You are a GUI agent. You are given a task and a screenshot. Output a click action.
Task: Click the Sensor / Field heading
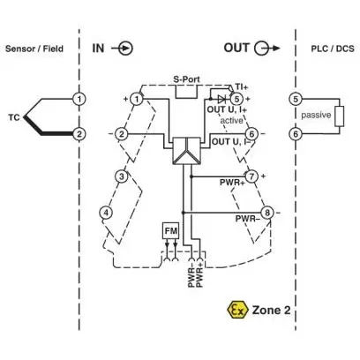(x=34, y=49)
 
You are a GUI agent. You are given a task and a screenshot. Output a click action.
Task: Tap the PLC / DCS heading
(x=333, y=49)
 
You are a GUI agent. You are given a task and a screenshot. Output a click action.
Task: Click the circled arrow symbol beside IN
(x=123, y=49)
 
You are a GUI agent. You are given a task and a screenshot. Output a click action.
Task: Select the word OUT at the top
(x=236, y=48)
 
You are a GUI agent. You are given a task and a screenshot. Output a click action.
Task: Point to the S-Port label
(x=186, y=79)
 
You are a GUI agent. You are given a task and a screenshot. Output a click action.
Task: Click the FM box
(x=171, y=230)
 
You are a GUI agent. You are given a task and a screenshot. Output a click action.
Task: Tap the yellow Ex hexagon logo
(x=236, y=310)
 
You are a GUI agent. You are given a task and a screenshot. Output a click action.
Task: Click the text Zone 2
(x=271, y=310)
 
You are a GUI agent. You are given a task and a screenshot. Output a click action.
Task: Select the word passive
(x=316, y=115)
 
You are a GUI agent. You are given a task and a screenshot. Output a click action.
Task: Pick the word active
(x=232, y=121)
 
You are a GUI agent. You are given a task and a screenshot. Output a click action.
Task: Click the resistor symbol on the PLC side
(x=340, y=116)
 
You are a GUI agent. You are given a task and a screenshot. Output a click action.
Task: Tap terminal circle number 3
(x=121, y=176)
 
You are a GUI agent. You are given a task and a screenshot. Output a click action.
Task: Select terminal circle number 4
(x=106, y=213)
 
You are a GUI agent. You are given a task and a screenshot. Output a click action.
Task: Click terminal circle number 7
(x=251, y=176)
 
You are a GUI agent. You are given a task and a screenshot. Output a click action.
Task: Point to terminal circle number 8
(x=267, y=213)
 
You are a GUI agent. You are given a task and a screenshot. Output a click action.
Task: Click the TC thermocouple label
(x=14, y=117)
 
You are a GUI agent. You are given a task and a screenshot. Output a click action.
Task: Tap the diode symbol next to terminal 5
(x=221, y=99)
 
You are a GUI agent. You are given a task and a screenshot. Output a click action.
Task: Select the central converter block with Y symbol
(x=186, y=151)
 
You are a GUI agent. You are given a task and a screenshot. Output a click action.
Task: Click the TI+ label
(x=242, y=87)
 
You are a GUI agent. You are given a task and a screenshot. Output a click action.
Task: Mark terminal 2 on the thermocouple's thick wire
(x=79, y=134)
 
